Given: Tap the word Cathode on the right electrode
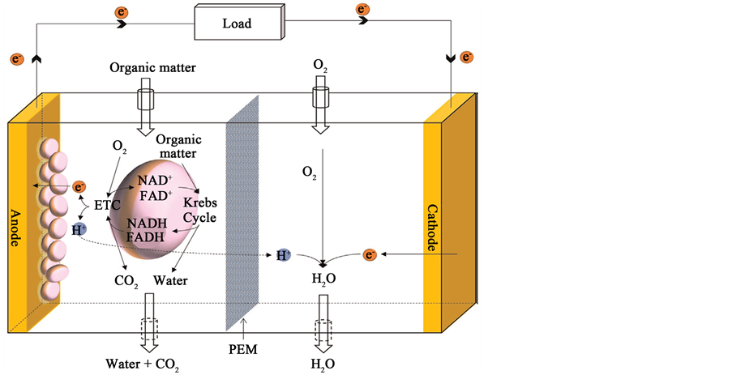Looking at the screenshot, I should [431, 227].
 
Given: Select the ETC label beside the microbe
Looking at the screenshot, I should [107, 205].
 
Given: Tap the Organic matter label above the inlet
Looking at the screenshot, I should [153, 67].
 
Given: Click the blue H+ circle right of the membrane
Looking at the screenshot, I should [283, 255].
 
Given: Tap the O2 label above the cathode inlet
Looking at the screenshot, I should [320, 63].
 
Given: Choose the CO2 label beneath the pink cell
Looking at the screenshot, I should [126, 283].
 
